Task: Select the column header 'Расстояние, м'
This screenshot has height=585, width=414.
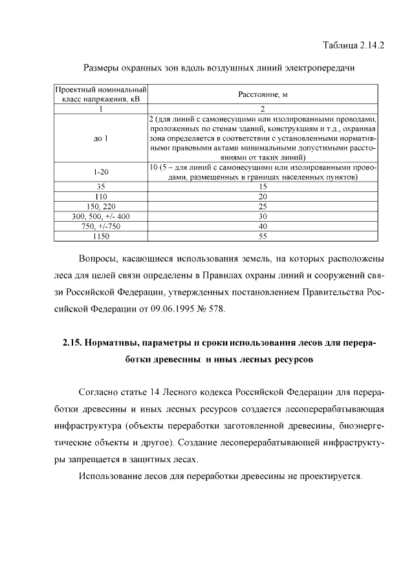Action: tap(263, 94)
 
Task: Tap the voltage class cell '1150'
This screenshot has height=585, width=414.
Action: tap(100, 237)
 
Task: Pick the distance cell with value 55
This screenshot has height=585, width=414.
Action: tap(263, 237)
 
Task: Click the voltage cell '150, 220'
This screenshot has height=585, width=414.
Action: tap(100, 206)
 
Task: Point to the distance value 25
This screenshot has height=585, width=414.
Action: tap(263, 206)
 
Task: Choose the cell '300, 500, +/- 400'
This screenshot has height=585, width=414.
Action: tap(100, 216)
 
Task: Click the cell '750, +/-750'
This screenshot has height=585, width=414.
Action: tap(100, 226)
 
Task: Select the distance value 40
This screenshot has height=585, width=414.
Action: tap(263, 226)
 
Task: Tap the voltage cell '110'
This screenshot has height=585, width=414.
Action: tap(100, 195)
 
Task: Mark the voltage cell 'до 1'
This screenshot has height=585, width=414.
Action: tap(100, 138)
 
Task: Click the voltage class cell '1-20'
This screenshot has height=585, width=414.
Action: tap(100, 171)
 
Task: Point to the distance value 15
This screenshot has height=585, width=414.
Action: tap(263, 186)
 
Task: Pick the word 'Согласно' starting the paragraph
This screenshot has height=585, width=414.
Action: tap(96, 393)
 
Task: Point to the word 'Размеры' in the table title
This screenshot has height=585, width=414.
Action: tap(103, 67)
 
